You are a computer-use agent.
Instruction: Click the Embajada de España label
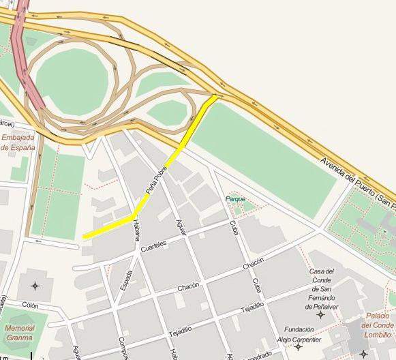pyautogui.click(x=18, y=142)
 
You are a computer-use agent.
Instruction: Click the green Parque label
pyautogui.click(x=236, y=199)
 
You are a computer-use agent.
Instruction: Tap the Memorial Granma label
pyautogui.click(x=19, y=332)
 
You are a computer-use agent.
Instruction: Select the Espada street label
pyautogui.click(x=126, y=280)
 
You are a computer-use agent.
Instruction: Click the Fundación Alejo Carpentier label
pyautogui.click(x=300, y=334)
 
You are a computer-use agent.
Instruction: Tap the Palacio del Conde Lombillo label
pyautogui.click(x=378, y=325)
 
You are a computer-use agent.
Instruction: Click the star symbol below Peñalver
pyautogui.click(x=320, y=315)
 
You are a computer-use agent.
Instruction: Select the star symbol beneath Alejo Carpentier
pyautogui.click(x=299, y=348)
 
